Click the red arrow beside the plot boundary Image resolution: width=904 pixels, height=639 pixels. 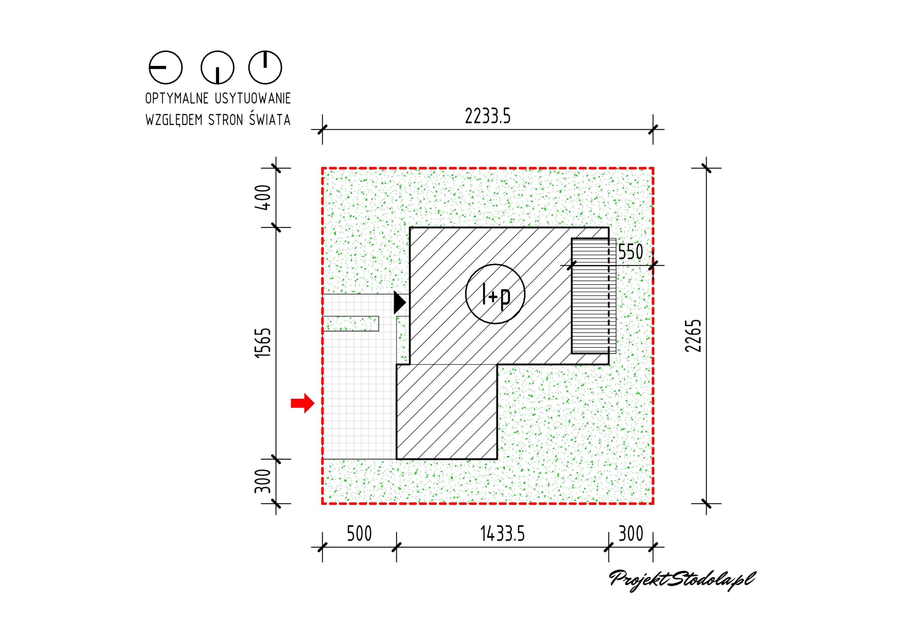[303, 403]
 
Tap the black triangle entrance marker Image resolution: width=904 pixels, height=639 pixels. [399, 303]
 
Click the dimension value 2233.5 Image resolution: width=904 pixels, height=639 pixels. [487, 116]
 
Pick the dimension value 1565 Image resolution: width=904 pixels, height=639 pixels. [263, 342]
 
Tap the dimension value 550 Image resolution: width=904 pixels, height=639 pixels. [630, 252]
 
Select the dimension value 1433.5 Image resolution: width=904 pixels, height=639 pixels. [502, 534]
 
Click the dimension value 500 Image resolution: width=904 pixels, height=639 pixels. [359, 534]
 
